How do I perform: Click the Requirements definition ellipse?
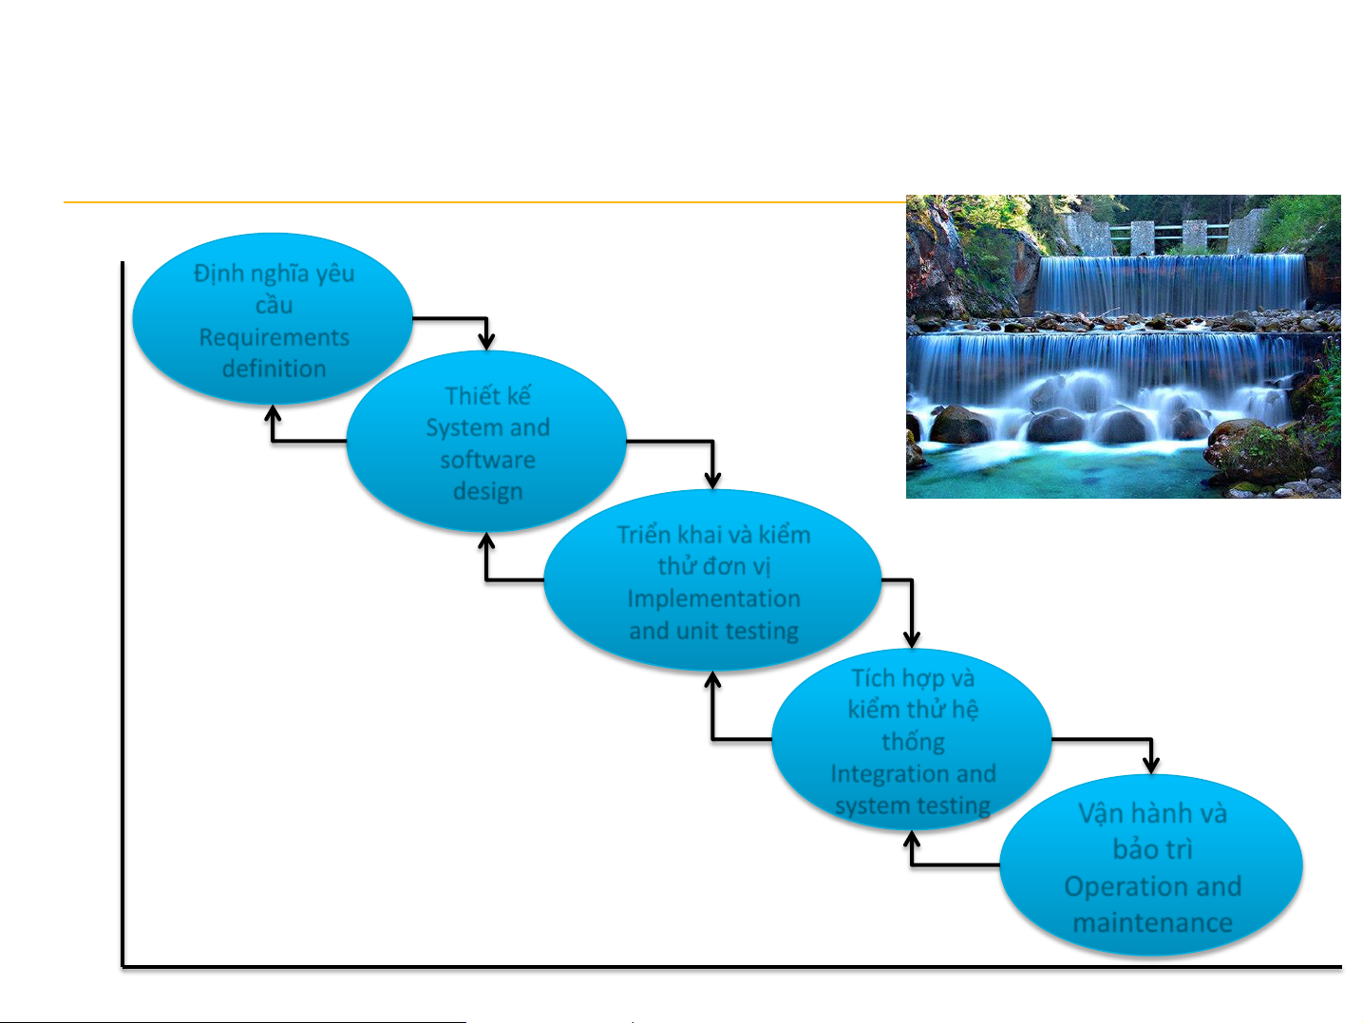pyautogui.click(x=273, y=318)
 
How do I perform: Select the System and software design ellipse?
pyautogui.click(x=486, y=442)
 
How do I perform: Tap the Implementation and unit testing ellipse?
pyautogui.click(x=712, y=580)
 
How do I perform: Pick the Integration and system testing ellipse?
pyautogui.click(x=912, y=739)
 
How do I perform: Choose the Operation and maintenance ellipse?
pyautogui.click(x=1151, y=864)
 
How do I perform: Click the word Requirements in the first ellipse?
pyautogui.click(x=274, y=338)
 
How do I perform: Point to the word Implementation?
pyautogui.click(x=713, y=599)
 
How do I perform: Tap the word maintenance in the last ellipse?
pyautogui.click(x=1152, y=923)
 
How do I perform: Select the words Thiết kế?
pyautogui.click(x=488, y=396)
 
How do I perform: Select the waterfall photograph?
pyautogui.click(x=1123, y=347)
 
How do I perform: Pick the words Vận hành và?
pyautogui.click(x=1152, y=814)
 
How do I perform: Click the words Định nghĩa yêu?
pyautogui.click(x=274, y=274)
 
